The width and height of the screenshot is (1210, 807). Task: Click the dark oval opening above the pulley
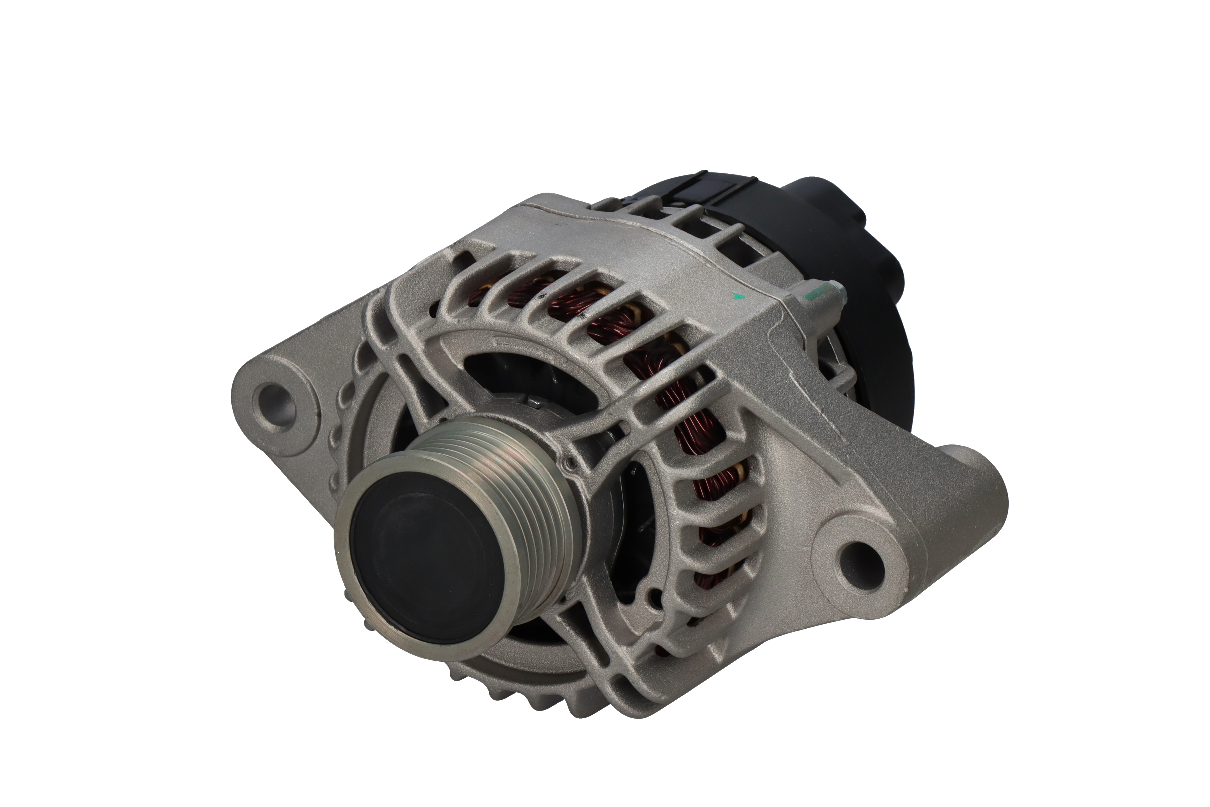[x=525, y=376]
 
